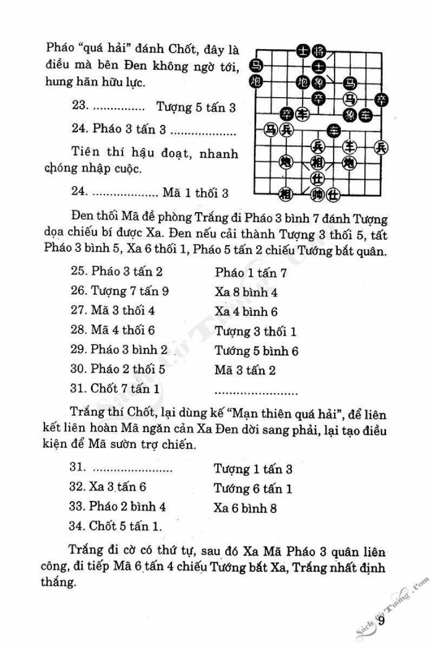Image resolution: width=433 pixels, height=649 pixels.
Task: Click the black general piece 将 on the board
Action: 319,51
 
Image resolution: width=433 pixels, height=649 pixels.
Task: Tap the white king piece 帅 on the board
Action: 318,195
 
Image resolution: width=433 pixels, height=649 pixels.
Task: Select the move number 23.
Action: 80,107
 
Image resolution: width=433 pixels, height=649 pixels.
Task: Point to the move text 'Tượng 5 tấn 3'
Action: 196,107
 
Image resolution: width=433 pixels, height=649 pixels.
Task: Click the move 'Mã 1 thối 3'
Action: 195,193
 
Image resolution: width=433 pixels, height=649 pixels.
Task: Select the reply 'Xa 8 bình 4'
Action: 246,292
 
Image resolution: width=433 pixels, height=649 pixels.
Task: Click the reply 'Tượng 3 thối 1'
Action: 255,331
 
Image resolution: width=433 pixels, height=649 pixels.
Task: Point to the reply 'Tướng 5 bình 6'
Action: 257,351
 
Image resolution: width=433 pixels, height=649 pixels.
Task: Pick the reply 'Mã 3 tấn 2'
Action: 245,371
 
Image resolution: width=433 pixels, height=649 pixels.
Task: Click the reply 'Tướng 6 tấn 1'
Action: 253,489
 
